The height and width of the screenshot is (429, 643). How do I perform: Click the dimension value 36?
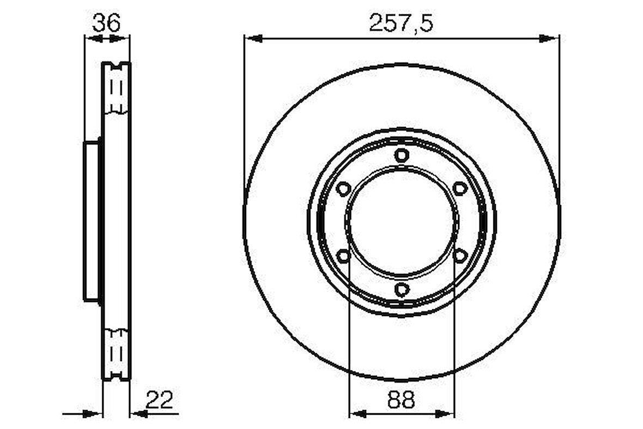[106, 23]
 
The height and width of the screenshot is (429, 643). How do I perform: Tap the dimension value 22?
[160, 400]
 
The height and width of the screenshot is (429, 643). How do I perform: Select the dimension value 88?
[401, 400]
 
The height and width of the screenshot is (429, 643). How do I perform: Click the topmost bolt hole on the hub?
[401, 156]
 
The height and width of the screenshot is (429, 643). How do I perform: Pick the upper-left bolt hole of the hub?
[343, 189]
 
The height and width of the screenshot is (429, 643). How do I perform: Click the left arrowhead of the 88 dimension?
[357, 414]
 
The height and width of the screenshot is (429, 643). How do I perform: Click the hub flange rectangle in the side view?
[92, 221]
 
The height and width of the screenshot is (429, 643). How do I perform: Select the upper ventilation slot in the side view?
[116, 87]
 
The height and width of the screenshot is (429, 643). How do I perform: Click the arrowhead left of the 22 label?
[139, 414]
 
